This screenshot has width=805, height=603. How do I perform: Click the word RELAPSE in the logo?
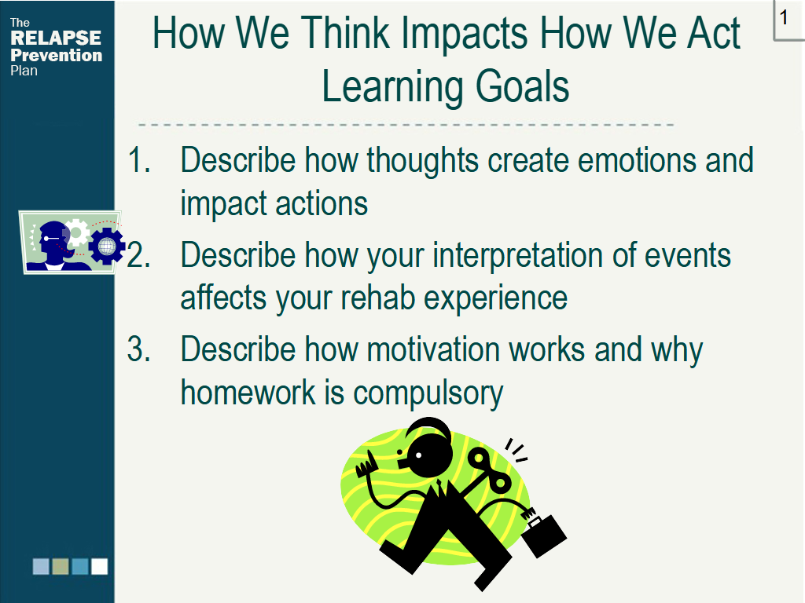point(56,38)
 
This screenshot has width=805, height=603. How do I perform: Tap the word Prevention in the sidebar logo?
point(57,55)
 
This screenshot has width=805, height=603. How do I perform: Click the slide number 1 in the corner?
point(784,17)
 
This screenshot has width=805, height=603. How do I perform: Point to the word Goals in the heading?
point(522,86)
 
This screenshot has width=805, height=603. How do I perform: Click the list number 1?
point(138,160)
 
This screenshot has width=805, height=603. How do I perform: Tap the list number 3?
point(138,349)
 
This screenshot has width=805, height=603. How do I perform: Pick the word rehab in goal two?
point(377,298)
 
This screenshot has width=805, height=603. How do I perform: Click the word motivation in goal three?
point(433,349)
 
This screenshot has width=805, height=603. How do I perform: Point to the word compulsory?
point(428,394)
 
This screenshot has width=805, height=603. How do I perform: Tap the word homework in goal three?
point(248,393)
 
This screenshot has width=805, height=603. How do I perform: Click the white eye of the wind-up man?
point(419,455)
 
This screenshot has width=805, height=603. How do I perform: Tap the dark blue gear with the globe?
point(107,247)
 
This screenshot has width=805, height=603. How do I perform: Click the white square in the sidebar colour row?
point(99,566)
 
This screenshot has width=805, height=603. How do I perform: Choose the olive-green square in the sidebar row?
point(61,566)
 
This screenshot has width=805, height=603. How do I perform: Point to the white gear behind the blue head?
point(78,232)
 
